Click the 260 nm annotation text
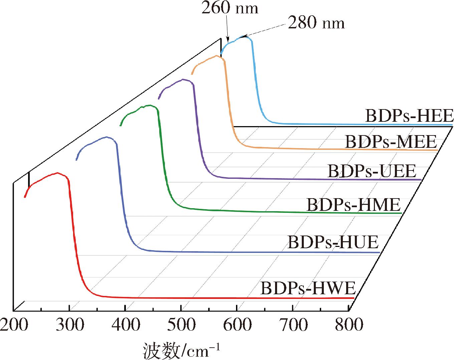tap(230, 8)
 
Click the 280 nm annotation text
tap(316, 23)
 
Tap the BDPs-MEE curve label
tap(391, 141)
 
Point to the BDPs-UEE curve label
tap(372, 171)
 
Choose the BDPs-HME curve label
tap(354, 204)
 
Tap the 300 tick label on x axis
tap(70, 325)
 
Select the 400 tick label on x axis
tap(126, 325)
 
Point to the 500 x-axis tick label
tap(181, 325)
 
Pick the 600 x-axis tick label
tap(237, 325)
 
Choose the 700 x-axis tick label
tap(293, 325)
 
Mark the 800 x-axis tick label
tap(349, 325)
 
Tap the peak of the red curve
tap(58, 173)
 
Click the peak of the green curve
tap(149, 105)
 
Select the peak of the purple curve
tap(183, 79)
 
